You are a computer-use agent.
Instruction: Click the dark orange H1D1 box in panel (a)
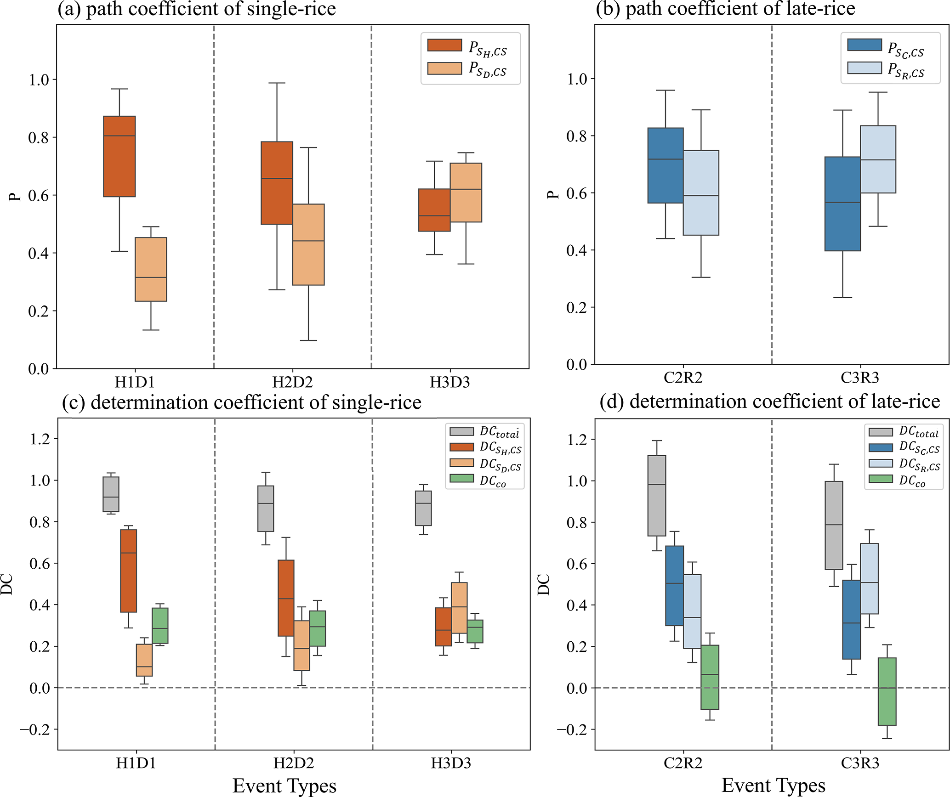tap(119, 156)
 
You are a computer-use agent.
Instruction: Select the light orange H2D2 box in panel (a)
tap(308, 244)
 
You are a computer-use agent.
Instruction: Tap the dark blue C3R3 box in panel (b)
tap(842, 204)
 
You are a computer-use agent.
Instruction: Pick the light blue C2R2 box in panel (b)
tap(701, 192)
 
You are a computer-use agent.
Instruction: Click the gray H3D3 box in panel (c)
tap(423, 508)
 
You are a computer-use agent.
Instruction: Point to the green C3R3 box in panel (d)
tap(887, 691)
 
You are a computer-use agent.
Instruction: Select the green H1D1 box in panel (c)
tap(160, 626)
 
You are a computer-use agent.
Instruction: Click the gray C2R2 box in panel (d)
tap(657, 495)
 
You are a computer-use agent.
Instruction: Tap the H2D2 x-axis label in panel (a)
tap(292, 382)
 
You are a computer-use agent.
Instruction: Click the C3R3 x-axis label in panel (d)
tap(860, 763)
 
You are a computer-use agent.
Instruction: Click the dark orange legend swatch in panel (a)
tap(444, 45)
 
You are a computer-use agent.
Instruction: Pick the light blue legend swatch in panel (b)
tap(865, 68)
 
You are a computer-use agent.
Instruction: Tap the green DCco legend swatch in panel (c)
tap(461, 478)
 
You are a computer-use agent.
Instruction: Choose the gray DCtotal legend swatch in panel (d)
tap(881, 432)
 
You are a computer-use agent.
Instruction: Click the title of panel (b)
tap(725, 9)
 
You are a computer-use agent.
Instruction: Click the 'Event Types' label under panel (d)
tap(774, 785)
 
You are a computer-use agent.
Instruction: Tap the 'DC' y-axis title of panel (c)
tap(6, 584)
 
